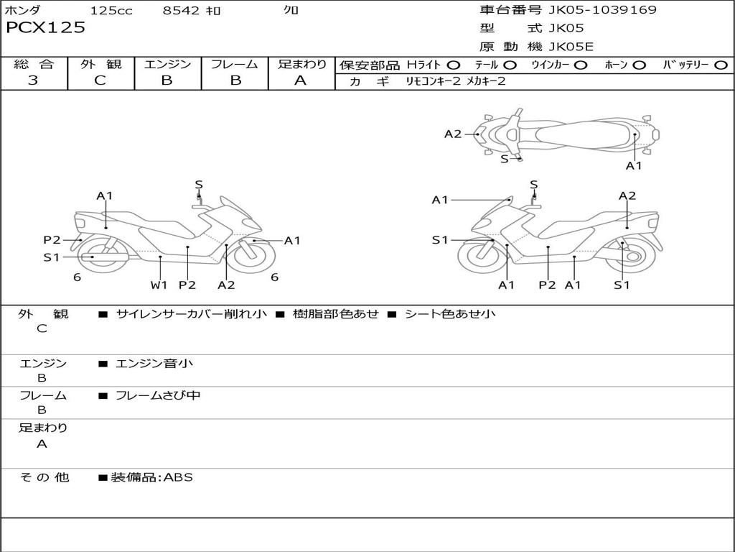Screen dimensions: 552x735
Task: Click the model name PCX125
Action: (45, 28)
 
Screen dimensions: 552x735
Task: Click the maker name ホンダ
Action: (22, 10)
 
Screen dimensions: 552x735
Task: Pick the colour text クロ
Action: (291, 10)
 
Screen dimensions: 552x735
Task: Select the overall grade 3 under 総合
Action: (33, 80)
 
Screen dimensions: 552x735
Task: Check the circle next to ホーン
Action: (640, 65)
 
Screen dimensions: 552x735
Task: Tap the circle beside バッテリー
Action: (721, 65)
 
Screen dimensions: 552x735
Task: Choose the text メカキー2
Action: (486, 81)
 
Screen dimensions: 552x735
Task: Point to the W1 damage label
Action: (159, 285)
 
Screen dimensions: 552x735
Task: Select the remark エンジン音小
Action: (154, 364)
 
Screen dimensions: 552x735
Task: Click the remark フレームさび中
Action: (158, 395)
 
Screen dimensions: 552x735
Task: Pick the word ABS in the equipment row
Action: (179, 477)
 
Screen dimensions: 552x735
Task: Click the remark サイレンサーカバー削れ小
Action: (192, 314)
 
